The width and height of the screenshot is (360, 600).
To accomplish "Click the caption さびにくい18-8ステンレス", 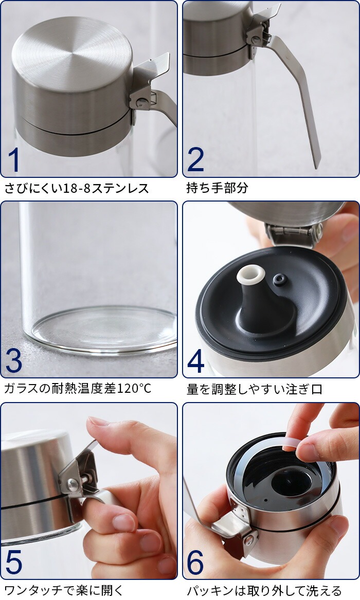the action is click(76, 188).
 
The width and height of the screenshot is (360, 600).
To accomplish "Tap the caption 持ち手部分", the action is click(217, 188).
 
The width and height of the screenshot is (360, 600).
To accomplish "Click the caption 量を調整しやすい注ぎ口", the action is click(255, 389).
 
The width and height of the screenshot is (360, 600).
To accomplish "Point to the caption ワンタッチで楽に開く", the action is click(64, 590).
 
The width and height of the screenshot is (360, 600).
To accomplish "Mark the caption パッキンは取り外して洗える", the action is click(264, 590).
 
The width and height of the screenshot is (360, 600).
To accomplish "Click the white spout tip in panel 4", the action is click(250, 275).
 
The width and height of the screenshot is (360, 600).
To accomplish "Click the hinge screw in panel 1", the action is click(141, 101).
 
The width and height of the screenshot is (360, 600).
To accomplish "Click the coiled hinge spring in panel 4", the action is click(295, 230).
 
